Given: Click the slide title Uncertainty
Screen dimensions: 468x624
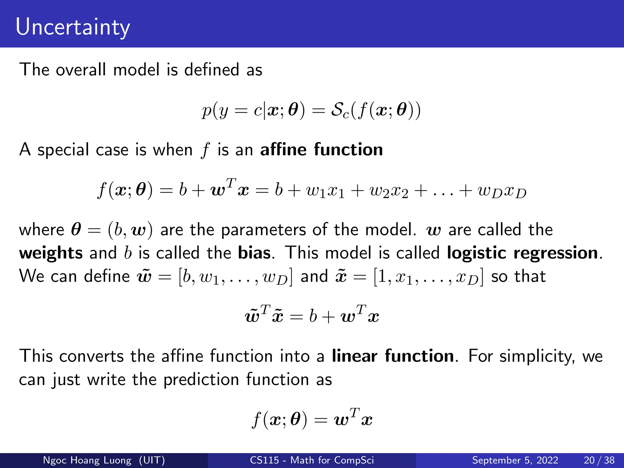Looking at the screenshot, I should (73, 27).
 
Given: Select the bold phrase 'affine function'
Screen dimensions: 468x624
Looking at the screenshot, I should (321, 150).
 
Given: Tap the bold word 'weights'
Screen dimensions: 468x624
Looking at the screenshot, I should (51, 253).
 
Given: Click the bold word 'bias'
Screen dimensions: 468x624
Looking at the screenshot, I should (254, 253).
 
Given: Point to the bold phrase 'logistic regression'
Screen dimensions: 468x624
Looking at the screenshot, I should (522, 253).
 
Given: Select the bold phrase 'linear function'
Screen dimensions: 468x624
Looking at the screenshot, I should (393, 356).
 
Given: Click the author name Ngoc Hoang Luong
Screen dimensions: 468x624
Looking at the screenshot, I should (87, 460).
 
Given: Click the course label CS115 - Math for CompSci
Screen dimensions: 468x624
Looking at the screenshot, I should (312, 460).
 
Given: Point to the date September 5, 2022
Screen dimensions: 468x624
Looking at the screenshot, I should (515, 460).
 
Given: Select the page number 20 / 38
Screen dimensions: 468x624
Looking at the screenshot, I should (599, 460).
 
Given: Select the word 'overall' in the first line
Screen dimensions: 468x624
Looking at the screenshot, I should (81, 70).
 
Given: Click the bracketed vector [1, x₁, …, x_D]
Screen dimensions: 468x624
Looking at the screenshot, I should (428, 277).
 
